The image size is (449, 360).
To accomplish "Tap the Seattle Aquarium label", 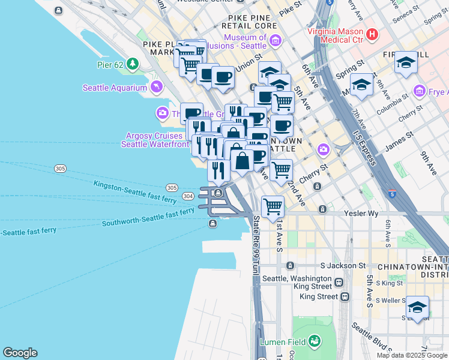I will [115, 88].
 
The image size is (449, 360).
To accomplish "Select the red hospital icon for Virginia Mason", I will [372, 35].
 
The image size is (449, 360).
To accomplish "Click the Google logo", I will [20, 353].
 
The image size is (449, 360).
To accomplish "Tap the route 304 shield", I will [187, 196].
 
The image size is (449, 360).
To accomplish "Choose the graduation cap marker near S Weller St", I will [417, 307].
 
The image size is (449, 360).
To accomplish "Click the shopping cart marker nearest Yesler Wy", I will [273, 207].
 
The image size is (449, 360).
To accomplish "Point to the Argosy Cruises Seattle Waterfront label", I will [154, 140].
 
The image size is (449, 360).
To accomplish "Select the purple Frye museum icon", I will [420, 92].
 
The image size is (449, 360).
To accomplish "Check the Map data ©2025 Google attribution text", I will [412, 355].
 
